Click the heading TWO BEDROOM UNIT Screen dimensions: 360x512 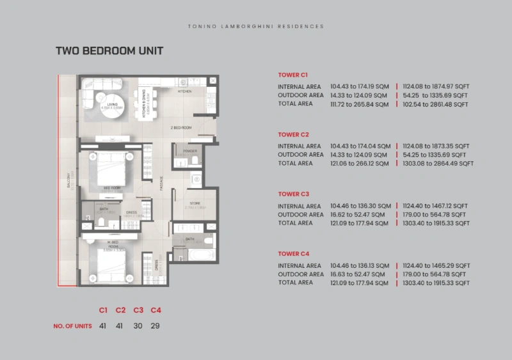tap(109, 51)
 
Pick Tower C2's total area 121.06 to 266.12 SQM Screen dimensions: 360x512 tap(359, 163)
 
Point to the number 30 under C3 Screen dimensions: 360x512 tap(138, 325)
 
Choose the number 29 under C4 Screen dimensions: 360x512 tap(155, 325)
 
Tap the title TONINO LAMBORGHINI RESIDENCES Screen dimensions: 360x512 tap(256, 27)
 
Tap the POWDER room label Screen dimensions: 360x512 tap(189, 152)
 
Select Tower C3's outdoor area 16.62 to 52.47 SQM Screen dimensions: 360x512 tap(359, 215)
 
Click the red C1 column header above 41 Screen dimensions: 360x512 tap(103, 310)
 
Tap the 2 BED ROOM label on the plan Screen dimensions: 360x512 tap(181, 128)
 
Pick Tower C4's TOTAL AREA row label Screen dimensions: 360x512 tap(296, 283)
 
